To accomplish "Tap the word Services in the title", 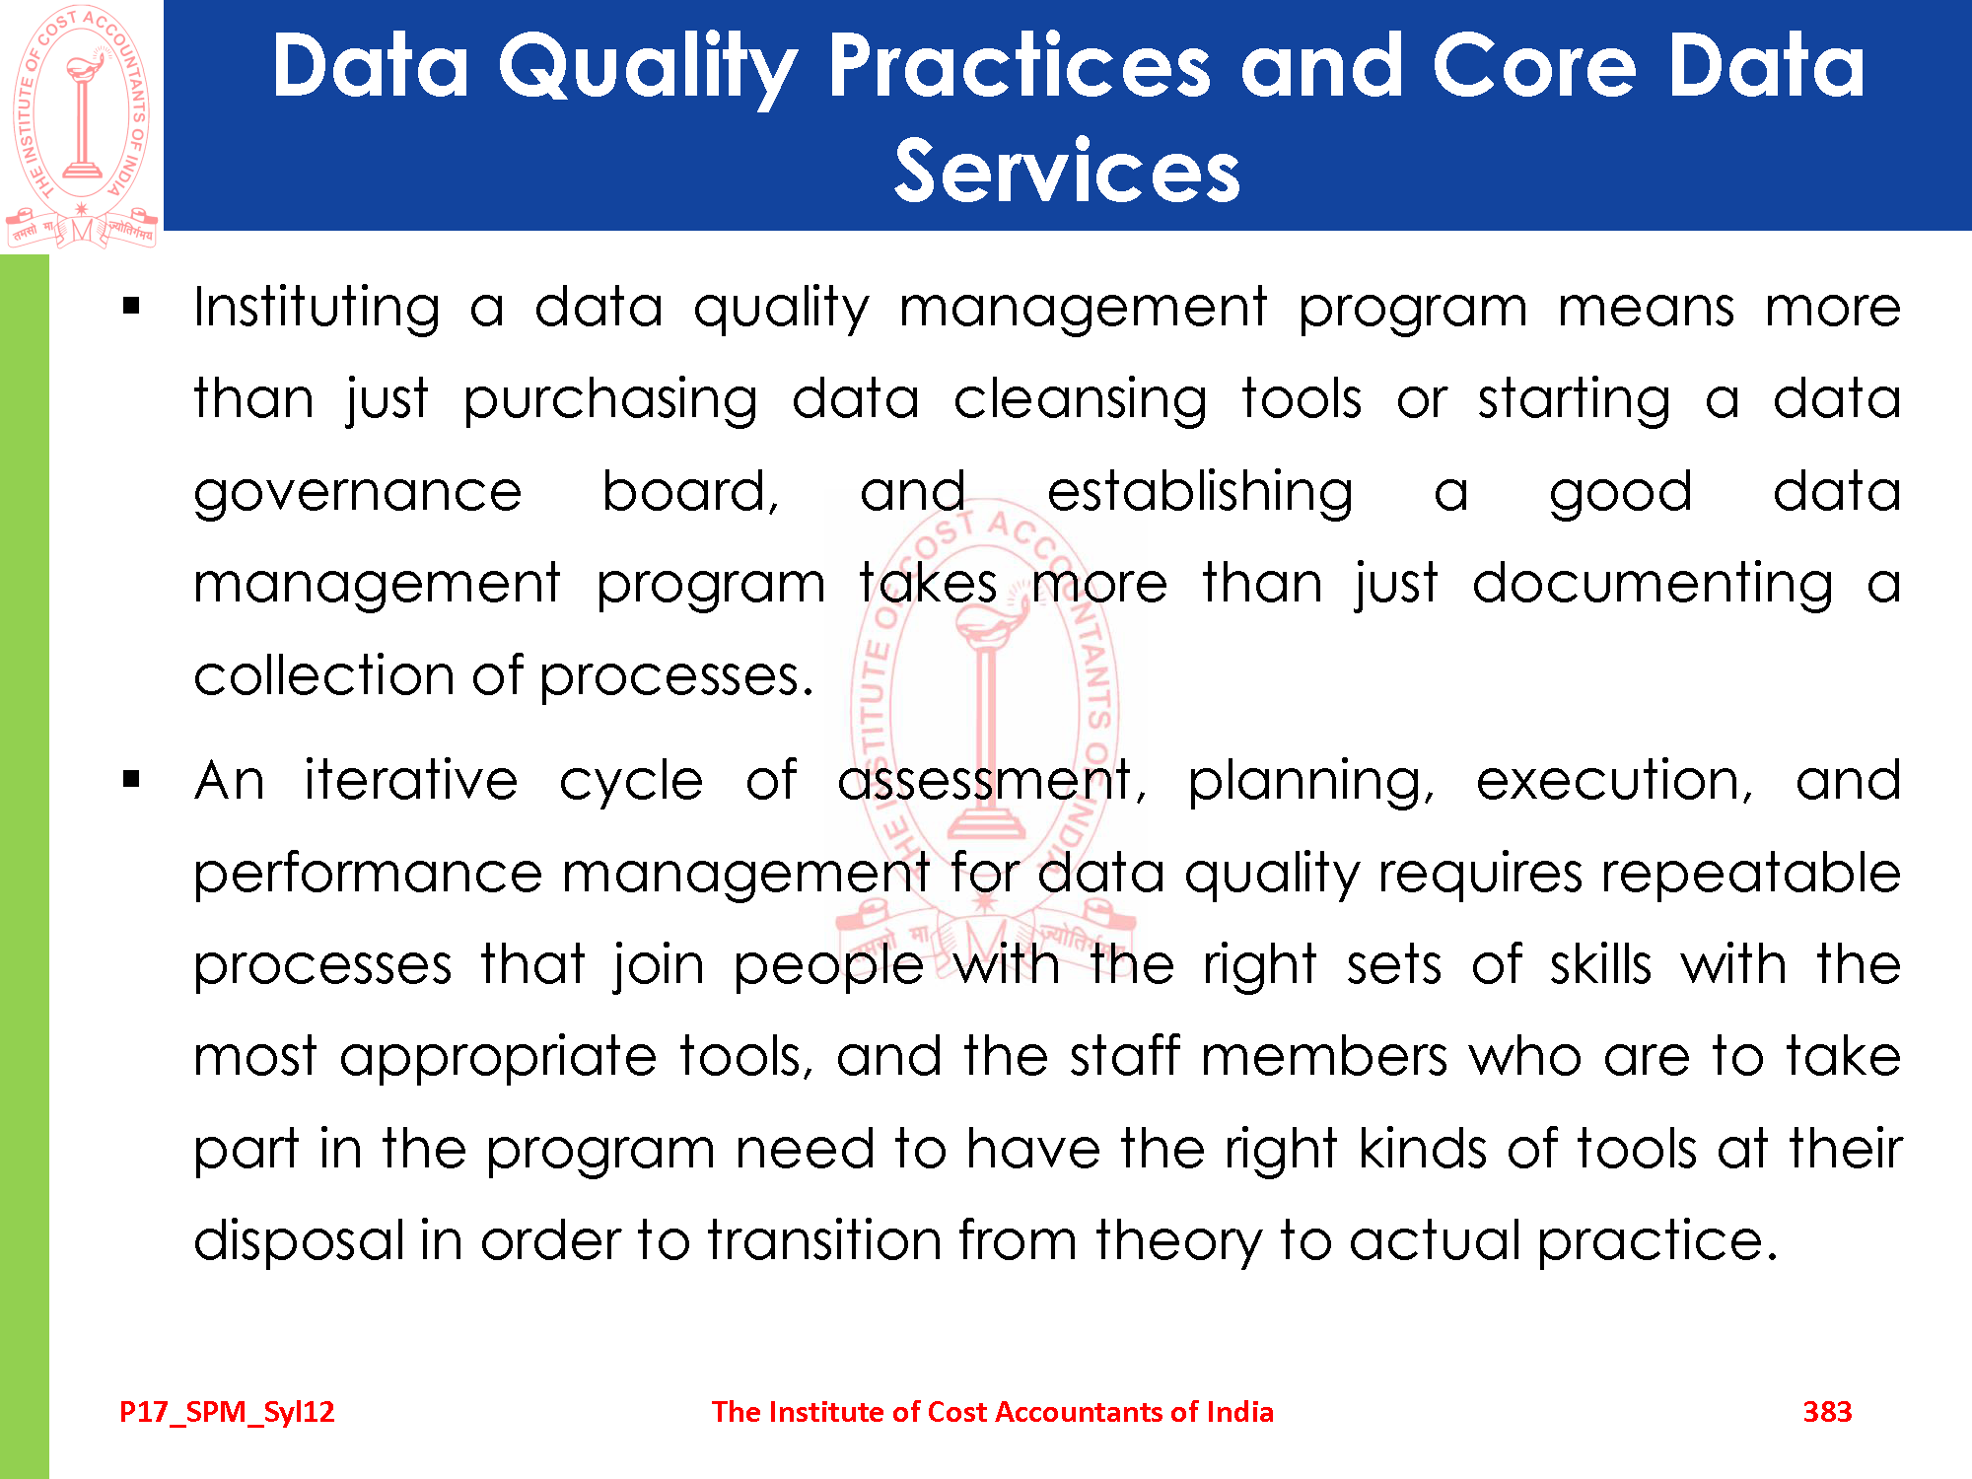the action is (1067, 172).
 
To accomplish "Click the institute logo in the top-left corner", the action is (81, 126).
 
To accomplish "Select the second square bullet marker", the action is (132, 780).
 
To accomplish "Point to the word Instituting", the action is (317, 308).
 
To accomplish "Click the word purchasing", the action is (610, 400).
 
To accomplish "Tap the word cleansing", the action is (1080, 400).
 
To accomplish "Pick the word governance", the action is (357, 494).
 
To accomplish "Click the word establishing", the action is (1200, 492).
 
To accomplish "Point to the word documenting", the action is (1653, 584).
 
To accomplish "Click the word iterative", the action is (410, 780).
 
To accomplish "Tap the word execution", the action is (1614, 782).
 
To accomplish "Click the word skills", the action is (1600, 964).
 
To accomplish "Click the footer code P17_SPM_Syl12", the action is (227, 1413).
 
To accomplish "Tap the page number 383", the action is (1827, 1412).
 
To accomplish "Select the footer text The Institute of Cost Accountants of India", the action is (992, 1412).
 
